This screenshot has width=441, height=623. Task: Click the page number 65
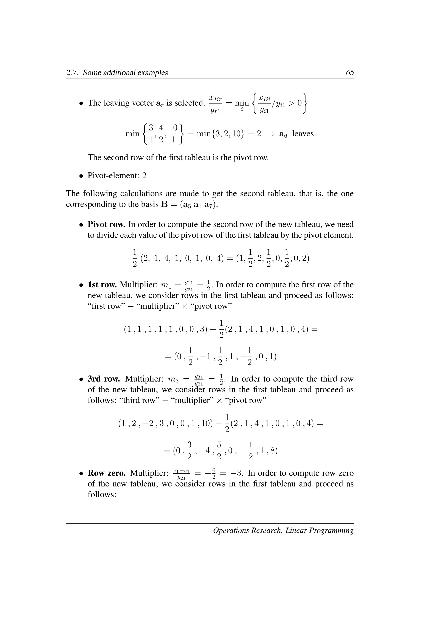pyautogui.click(x=350, y=72)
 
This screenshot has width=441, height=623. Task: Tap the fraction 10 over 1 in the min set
pyautogui.click(x=173, y=134)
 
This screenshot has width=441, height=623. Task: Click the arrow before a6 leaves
pyautogui.click(x=270, y=134)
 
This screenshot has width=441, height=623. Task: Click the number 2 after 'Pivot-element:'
pyautogui.click(x=144, y=176)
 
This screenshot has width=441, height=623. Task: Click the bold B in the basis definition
pyautogui.click(x=165, y=204)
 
